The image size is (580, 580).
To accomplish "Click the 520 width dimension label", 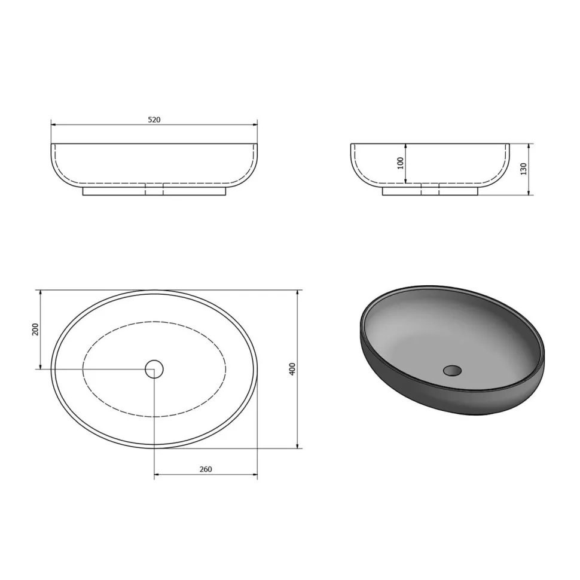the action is click(x=154, y=120).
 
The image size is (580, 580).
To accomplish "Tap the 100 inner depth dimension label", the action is click(x=401, y=163).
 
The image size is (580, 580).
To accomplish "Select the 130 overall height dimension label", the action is click(x=523, y=169).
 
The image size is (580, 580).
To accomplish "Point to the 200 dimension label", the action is click(x=35, y=329).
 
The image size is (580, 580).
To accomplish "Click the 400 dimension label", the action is click(x=292, y=369).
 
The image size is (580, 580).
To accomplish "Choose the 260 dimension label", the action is click(x=206, y=469).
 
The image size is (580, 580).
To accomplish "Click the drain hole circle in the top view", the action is click(x=154, y=369).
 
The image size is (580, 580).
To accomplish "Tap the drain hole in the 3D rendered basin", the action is click(x=453, y=370).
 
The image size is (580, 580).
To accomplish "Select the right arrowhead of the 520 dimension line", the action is click(x=255, y=124).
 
